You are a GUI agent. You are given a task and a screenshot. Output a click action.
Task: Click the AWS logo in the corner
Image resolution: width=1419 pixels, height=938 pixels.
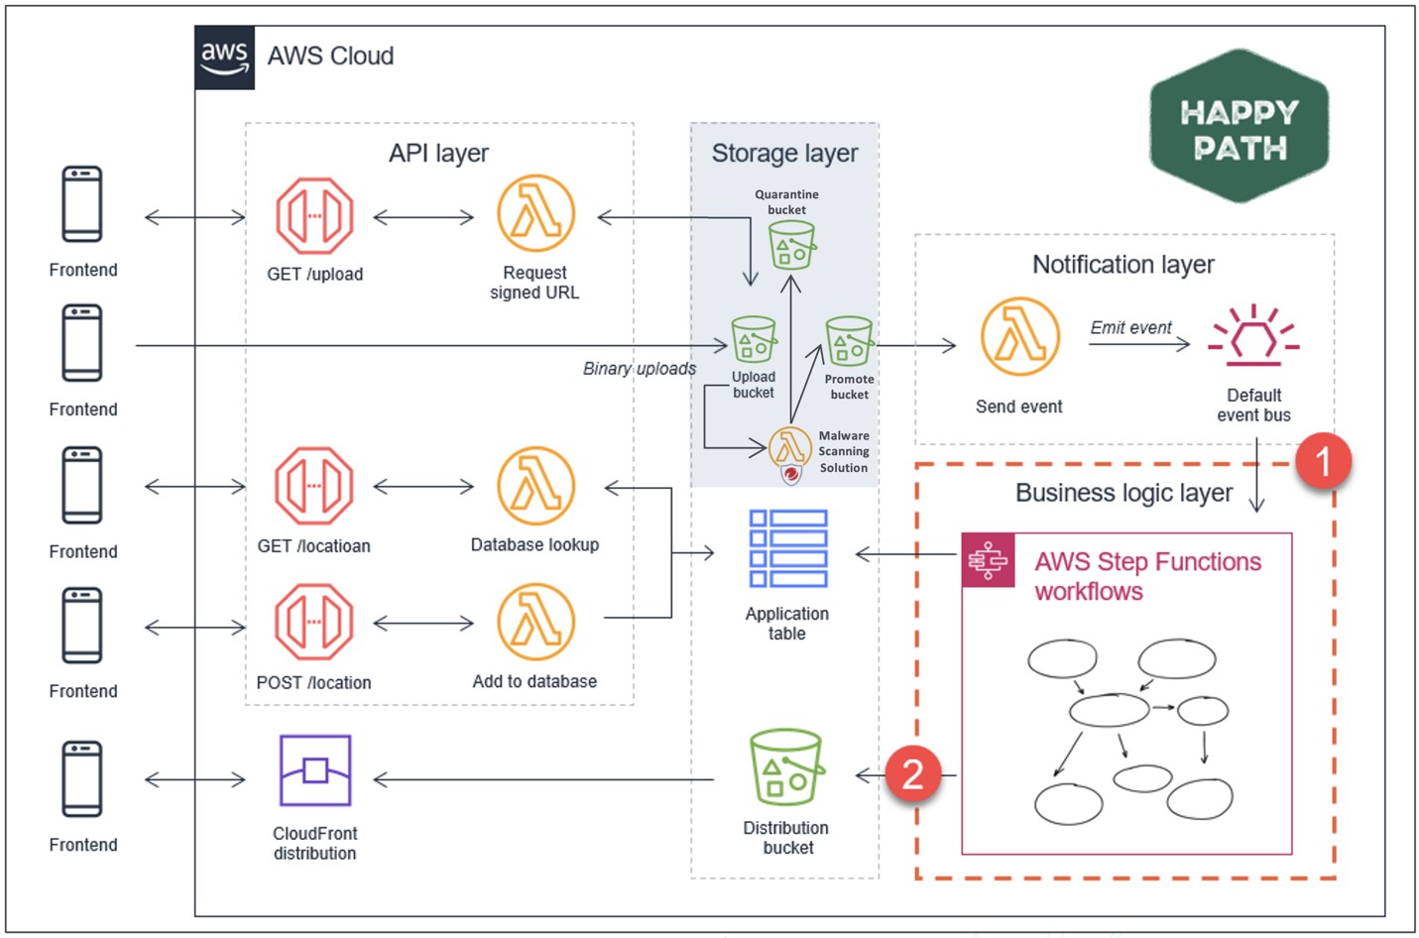[225, 58]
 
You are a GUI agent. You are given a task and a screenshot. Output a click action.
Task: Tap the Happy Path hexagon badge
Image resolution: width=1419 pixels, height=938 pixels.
[1239, 127]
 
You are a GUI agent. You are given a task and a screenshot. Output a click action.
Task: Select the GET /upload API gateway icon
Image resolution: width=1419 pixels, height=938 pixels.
[314, 216]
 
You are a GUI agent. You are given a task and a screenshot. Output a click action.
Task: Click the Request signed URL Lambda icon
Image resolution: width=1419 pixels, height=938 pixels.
[535, 214]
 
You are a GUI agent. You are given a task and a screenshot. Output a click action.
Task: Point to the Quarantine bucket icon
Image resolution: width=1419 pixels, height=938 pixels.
[791, 244]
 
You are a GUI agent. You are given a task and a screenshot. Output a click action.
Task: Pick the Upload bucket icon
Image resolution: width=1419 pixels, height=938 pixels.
[754, 340]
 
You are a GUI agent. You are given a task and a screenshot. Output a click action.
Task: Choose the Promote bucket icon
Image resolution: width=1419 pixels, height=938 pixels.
[849, 341]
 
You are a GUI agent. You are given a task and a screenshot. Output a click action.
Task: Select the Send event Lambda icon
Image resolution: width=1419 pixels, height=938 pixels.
[1019, 337]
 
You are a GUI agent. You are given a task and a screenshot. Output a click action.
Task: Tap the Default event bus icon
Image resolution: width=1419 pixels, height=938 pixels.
[1253, 335]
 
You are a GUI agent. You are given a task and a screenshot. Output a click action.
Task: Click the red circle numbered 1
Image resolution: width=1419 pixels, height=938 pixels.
[1322, 461]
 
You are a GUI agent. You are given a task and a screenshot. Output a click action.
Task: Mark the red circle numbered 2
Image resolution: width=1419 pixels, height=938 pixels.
[912, 774]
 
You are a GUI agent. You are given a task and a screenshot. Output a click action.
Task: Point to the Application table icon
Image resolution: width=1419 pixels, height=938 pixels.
[788, 549]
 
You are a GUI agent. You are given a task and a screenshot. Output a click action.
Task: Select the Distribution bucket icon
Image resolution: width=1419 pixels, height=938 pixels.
[786, 767]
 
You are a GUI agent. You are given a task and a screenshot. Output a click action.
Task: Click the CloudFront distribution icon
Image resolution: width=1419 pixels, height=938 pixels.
[315, 770]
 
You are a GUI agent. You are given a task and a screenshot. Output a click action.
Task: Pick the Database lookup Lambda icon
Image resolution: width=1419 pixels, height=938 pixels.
[535, 486]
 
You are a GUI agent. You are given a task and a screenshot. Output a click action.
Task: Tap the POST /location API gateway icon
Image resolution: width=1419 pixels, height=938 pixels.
[314, 623]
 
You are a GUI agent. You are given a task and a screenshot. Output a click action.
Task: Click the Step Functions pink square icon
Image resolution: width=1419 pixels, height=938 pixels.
[988, 561]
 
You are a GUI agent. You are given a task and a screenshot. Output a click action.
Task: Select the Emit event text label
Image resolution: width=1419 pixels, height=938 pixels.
[1130, 328]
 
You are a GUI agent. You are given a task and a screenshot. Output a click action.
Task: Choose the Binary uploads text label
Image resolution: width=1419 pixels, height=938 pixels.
[640, 369]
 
